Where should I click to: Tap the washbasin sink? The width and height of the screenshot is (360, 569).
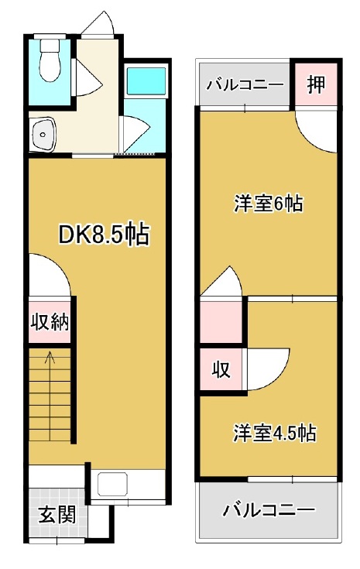click(x=43, y=135)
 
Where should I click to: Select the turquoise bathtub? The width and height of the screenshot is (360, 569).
click(x=146, y=81)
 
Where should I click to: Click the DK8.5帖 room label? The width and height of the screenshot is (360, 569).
click(x=104, y=235)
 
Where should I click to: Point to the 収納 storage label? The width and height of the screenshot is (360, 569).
click(x=50, y=321)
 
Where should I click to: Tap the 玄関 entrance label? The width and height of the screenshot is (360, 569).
click(x=57, y=514)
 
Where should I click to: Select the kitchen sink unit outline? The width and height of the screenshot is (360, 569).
click(x=112, y=484)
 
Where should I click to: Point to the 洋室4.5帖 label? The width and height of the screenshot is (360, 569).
click(x=274, y=433)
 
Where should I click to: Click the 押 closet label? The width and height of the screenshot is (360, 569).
click(x=316, y=84)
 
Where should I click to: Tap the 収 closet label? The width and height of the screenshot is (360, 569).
click(x=221, y=370)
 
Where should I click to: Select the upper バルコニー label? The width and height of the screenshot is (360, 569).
click(x=245, y=86)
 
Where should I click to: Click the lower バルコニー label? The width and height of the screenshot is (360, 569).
click(x=269, y=511)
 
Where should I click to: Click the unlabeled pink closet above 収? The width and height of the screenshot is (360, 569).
click(x=221, y=321)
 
